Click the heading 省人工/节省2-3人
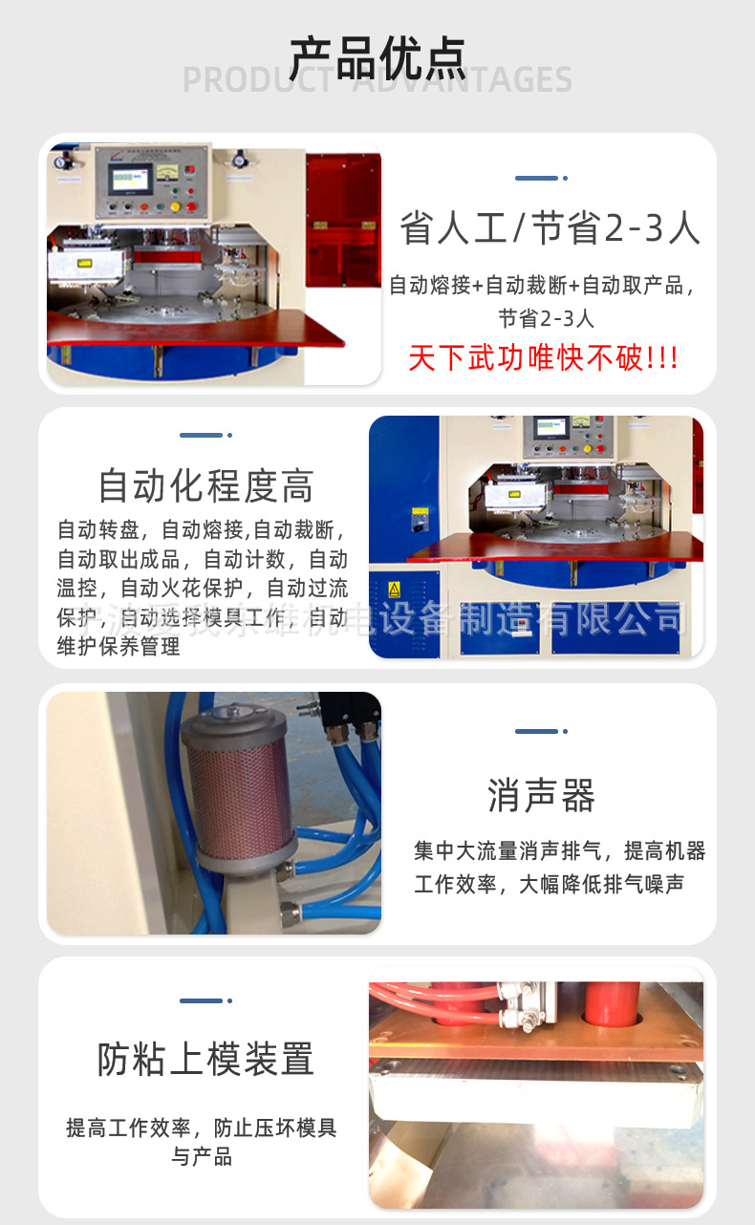[550, 229]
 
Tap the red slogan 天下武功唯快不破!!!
[543, 358]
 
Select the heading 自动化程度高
[205, 486]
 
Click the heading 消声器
[541, 795]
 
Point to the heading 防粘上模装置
[205, 1059]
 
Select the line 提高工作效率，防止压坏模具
[202, 1128]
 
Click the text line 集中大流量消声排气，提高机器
[559, 850]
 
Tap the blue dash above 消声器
[537, 732]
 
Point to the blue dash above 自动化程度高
[202, 436]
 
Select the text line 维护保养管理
[119, 647]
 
